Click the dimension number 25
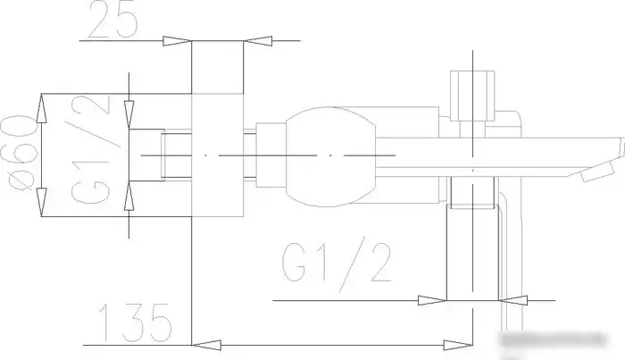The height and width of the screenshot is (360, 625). point(113,20)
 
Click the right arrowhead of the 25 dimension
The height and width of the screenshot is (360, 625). point(259,40)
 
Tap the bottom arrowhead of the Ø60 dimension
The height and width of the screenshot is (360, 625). point(41,205)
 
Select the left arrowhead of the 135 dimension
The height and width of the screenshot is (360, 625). point(207,342)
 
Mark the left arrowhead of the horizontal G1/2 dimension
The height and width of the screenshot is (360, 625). point(433,300)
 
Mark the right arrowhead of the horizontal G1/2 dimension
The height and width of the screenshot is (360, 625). point(512,300)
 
